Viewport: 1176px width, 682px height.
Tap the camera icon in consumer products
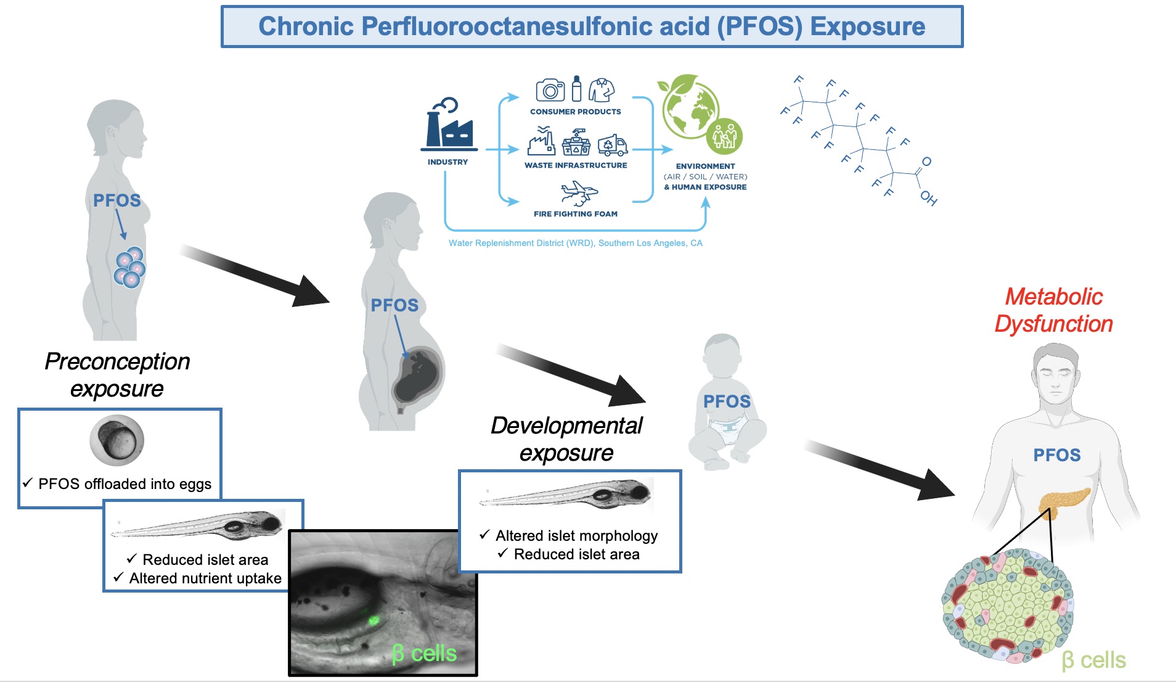click(x=550, y=90)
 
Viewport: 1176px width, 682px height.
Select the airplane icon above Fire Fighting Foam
click(x=579, y=192)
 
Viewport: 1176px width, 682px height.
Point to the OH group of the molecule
click(x=928, y=198)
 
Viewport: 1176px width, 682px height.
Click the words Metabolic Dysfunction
click(x=1053, y=310)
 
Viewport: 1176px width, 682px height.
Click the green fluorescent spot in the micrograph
click(x=373, y=620)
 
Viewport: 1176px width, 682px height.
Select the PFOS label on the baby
click(x=727, y=401)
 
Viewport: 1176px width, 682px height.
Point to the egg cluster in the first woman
click(x=129, y=268)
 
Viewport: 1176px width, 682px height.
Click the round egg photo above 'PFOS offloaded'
click(x=117, y=440)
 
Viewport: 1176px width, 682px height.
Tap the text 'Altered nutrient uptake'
click(x=205, y=578)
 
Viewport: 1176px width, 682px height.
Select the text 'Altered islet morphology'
click(x=576, y=536)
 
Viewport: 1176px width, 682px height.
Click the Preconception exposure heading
click(x=117, y=375)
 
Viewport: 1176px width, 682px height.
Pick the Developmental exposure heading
click(x=566, y=439)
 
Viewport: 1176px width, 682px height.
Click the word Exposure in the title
click(x=867, y=27)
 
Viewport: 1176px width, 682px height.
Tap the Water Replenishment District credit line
click(x=575, y=243)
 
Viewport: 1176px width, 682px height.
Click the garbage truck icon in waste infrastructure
click(x=612, y=146)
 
